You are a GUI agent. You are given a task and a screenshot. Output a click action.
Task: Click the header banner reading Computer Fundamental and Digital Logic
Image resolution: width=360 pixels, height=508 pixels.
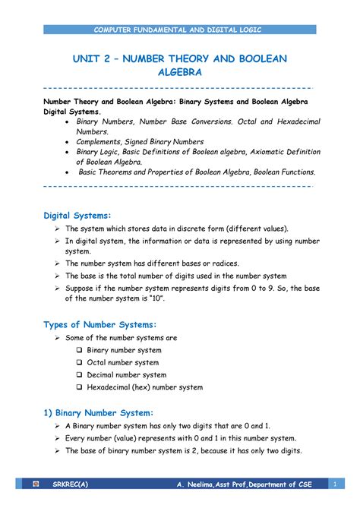(180, 29)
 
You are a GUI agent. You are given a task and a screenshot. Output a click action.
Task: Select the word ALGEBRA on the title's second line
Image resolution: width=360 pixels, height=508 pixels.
(180, 74)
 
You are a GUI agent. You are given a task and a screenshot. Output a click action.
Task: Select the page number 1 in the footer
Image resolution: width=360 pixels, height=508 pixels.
(334, 484)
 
